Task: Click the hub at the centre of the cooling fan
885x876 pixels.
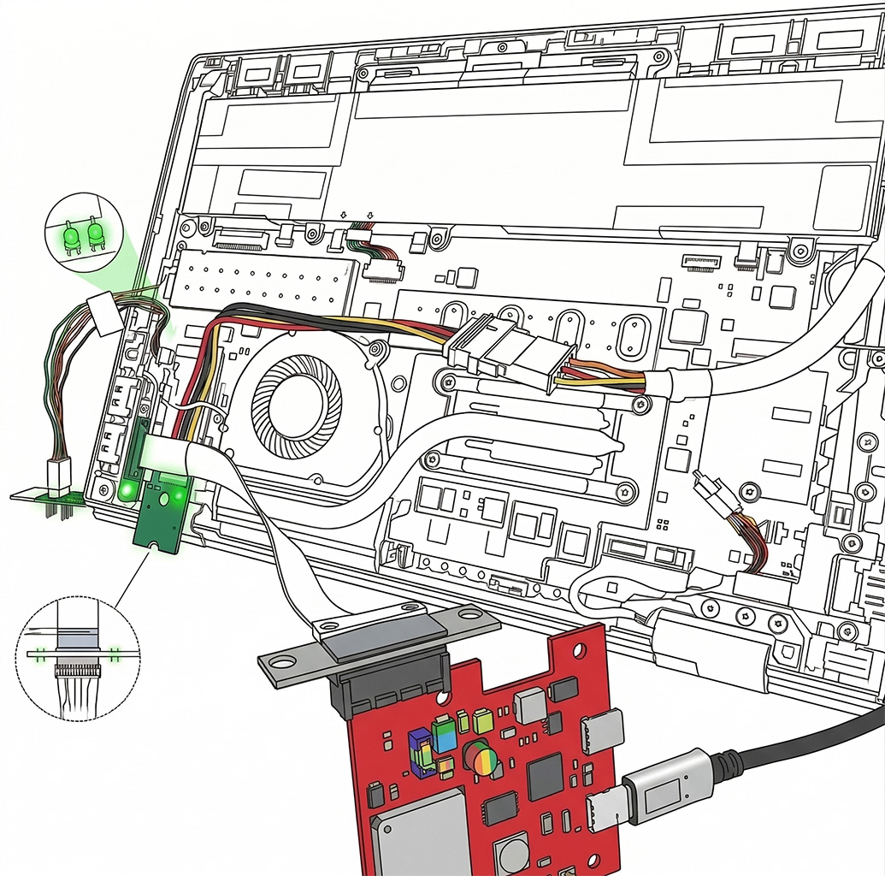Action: point(297,400)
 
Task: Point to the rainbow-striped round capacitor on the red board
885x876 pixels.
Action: point(481,759)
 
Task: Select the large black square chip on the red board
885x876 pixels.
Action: point(544,776)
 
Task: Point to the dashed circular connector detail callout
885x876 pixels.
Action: point(77,657)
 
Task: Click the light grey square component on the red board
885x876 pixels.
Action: point(529,705)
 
